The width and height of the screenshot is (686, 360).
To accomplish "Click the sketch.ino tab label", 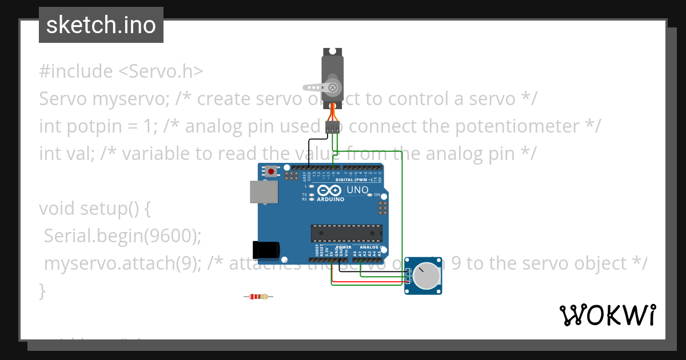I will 101,25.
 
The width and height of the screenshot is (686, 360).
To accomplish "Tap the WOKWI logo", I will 607,315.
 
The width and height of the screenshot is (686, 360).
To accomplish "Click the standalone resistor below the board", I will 258,297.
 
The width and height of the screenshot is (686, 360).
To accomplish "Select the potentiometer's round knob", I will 426,277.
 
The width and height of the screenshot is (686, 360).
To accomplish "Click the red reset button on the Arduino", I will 270,171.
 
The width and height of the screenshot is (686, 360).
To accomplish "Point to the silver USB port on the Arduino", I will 264,192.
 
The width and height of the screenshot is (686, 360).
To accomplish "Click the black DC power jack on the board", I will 266,249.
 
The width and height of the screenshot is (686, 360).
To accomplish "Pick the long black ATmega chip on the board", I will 346,233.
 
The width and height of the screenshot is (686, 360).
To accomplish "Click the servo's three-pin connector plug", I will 332,127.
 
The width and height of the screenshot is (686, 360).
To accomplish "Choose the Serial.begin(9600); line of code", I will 123,236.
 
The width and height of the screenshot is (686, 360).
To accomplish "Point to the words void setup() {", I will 95,209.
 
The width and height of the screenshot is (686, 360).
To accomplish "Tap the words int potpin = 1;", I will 98,126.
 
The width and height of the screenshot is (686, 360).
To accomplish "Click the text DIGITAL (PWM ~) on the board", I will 354,179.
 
